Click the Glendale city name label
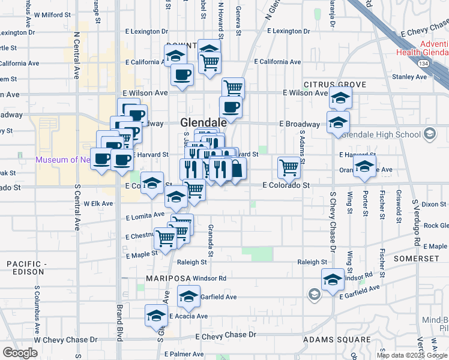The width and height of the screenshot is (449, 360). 203,122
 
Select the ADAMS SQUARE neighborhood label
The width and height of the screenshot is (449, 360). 337,340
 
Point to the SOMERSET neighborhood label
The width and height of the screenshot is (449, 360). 416,258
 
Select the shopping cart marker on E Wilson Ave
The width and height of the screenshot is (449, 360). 233,88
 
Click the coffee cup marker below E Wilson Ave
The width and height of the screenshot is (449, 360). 232,107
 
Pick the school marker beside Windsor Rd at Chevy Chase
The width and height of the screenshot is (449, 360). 333,279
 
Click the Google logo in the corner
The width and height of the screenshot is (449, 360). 20,353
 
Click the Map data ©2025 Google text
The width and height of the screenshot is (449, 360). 411,355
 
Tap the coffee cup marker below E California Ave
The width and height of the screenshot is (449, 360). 182,75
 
